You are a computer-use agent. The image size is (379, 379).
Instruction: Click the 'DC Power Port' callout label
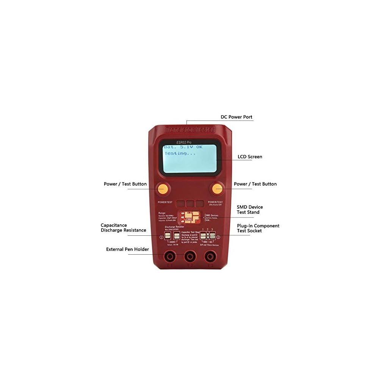pos(236,117)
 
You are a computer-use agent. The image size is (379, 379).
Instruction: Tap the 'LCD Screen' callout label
pos(250,157)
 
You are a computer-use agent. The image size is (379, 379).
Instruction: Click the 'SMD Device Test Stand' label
pos(250,210)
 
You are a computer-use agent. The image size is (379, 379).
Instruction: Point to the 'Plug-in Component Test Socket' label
pos(258,228)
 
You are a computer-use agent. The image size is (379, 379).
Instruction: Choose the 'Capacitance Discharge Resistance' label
pos(123,228)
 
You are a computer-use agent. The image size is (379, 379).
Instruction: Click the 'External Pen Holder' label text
pos(127,249)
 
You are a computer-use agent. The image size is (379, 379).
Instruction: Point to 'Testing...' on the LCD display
pos(180,153)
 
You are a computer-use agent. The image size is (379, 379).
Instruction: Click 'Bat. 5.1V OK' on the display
pos(183,147)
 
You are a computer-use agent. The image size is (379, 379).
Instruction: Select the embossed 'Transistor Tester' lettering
pos(190,130)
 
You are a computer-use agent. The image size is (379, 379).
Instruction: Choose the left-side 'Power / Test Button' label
pos(125,184)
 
